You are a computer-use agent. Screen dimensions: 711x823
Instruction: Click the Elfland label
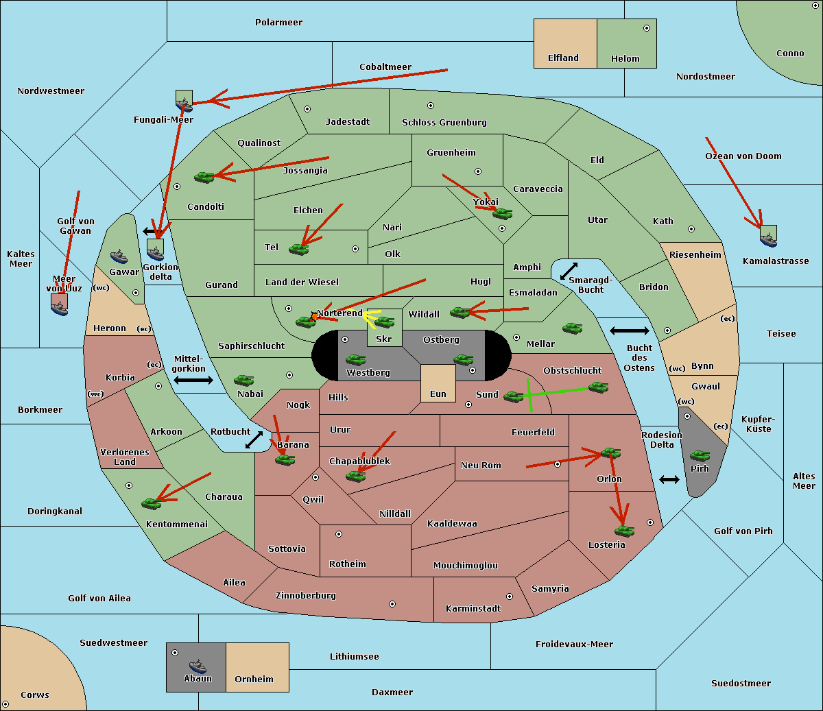[x=563, y=58]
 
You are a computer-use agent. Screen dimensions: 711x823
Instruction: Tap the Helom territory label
[x=625, y=59]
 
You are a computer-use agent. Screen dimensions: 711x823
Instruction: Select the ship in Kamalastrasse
[x=768, y=238]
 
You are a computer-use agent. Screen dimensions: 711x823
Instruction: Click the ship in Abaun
[x=198, y=666]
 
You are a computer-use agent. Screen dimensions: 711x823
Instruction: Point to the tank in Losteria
[x=624, y=530]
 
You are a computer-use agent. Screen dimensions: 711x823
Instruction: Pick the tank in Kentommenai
[x=151, y=503]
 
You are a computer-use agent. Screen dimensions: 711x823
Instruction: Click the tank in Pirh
[x=700, y=455]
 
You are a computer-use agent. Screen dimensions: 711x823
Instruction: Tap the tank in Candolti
[x=204, y=177]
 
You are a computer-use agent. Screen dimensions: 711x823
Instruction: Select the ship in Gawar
[x=119, y=257]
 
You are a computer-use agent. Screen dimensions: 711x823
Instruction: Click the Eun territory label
[x=438, y=394]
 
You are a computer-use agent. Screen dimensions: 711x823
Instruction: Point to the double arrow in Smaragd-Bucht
[x=569, y=272]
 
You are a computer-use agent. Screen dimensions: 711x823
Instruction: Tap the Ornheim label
[x=254, y=679]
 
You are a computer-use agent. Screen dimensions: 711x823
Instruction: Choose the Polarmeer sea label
[x=278, y=23]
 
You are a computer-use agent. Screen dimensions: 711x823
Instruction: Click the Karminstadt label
[x=473, y=609]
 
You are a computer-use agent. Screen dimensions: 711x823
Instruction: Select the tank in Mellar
[x=572, y=328]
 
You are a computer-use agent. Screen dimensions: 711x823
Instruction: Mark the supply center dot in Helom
[x=646, y=28]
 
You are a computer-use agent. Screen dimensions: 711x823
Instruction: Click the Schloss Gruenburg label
[x=444, y=123]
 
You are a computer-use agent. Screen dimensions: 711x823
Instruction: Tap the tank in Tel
[x=298, y=250]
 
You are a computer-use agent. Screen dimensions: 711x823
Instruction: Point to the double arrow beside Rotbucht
[x=254, y=439]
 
